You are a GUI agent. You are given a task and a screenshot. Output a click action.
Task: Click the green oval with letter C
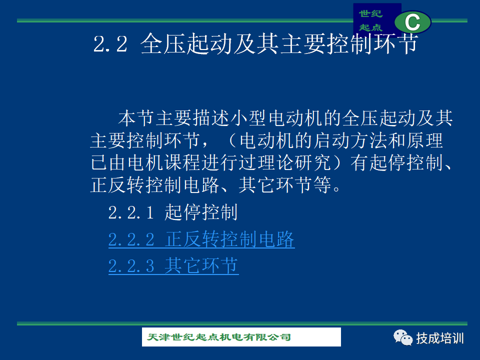point(412,22)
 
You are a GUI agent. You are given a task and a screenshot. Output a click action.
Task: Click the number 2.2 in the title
point(110,44)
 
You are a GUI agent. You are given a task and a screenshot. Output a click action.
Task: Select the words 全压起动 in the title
point(186,43)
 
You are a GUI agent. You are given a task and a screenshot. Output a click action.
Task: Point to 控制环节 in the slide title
point(372,43)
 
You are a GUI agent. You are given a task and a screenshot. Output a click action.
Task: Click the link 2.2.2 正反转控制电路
point(201,239)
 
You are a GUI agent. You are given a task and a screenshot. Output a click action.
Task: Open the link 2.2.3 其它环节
point(173,265)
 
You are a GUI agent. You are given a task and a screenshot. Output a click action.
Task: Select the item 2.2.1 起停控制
point(173,212)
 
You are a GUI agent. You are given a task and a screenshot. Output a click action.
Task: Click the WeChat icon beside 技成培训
point(403,337)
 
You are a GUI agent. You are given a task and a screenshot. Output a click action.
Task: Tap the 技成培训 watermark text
point(440,338)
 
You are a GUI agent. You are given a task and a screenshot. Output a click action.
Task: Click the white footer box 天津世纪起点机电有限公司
point(241,337)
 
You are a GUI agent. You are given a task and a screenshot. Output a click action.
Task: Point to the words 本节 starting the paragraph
point(136,118)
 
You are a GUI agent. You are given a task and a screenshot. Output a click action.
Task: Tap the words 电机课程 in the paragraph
point(164,162)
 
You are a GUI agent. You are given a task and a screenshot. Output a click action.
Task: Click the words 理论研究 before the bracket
point(294,162)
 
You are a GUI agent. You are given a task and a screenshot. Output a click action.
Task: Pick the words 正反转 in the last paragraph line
point(118,185)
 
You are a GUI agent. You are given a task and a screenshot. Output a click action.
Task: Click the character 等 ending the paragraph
point(322,185)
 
